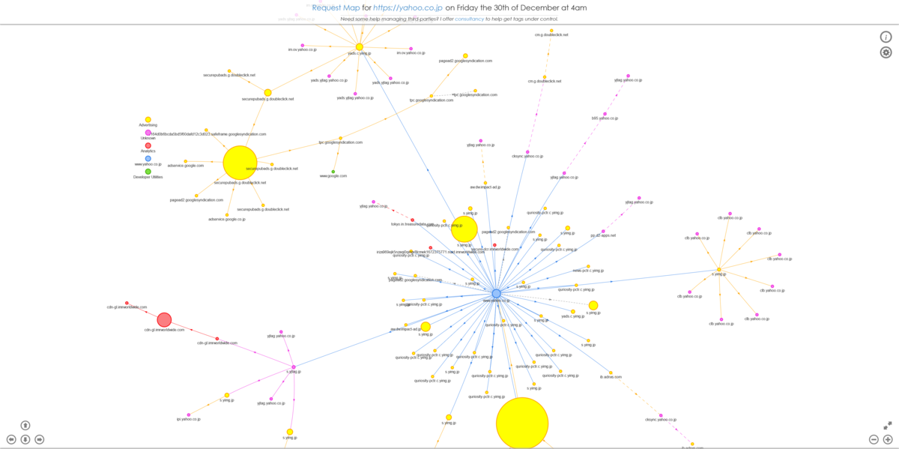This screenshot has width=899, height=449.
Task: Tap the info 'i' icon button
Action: (x=886, y=37)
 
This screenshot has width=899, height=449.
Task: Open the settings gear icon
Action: (x=886, y=52)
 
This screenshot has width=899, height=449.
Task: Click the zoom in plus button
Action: (x=888, y=439)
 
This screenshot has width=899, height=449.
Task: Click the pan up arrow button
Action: (x=25, y=426)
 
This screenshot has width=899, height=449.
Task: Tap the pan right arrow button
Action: (x=39, y=439)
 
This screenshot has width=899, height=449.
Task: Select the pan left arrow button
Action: (x=11, y=439)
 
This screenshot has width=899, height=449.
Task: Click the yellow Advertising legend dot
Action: (x=148, y=120)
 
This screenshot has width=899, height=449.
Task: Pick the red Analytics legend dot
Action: (x=148, y=145)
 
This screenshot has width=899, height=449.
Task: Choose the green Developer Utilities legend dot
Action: (x=148, y=172)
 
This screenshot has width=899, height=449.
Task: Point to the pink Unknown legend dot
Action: (x=148, y=133)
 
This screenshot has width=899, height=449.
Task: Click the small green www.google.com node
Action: (x=333, y=172)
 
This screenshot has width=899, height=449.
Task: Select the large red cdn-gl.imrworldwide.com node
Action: (x=164, y=320)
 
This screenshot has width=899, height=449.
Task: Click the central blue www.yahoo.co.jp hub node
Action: (x=495, y=293)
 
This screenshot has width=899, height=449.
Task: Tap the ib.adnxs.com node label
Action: (x=611, y=376)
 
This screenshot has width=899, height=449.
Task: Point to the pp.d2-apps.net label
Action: (x=602, y=235)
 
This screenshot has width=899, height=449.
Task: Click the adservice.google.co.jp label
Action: (x=226, y=219)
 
